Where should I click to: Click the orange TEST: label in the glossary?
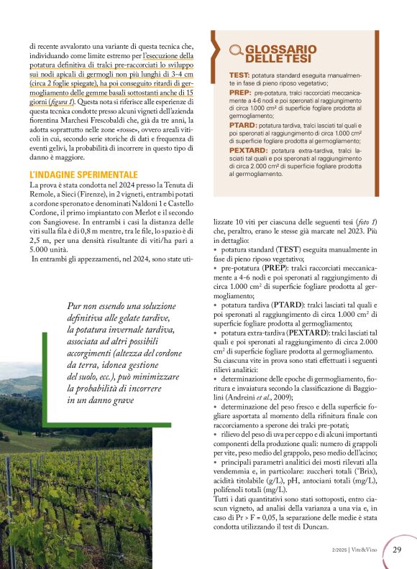239,75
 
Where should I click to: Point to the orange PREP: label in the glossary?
240,93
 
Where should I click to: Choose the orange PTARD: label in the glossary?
243,124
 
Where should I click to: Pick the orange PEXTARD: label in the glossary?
249,151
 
